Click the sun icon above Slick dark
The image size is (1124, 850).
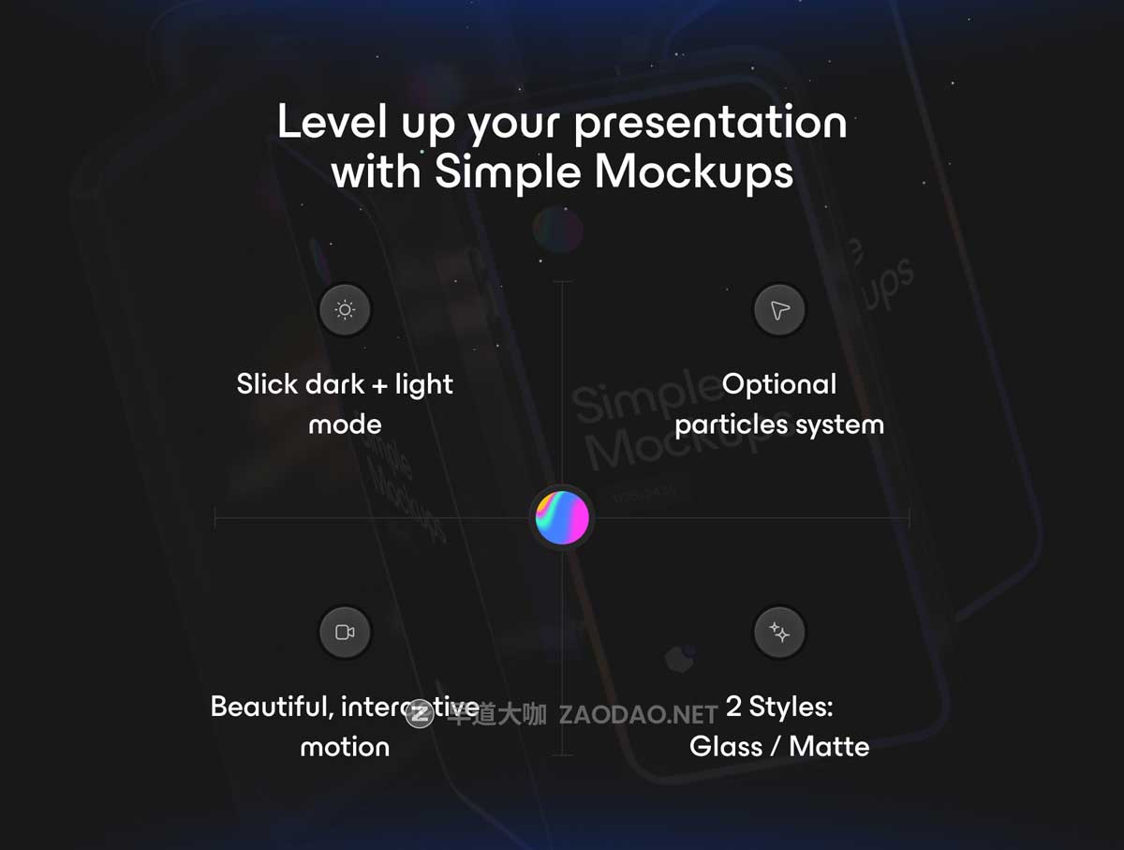[x=345, y=310]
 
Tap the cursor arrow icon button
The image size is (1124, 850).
[x=779, y=310]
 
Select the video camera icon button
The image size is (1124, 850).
[x=345, y=633]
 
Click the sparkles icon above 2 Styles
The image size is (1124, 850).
[x=779, y=633]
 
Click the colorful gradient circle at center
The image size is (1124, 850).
[x=562, y=517]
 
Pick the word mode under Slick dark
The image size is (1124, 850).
[x=345, y=425]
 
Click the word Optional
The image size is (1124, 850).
[x=779, y=384]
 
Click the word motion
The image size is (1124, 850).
[x=345, y=747]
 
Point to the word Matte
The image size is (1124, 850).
[x=829, y=747]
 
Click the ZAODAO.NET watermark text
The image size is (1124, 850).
[x=638, y=716]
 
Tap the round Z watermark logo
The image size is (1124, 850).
[x=420, y=715]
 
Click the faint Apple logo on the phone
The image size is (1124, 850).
[x=679, y=659]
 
